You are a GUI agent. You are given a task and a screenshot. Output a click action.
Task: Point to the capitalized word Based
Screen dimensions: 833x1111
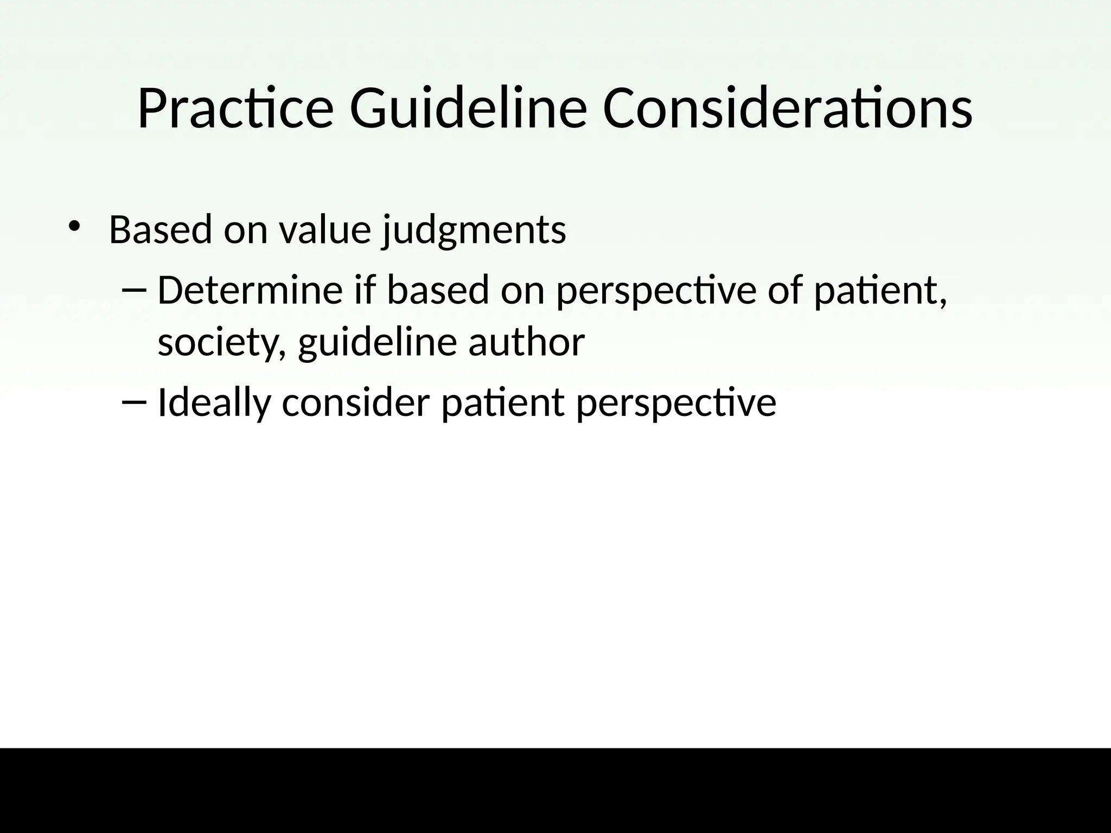(160, 230)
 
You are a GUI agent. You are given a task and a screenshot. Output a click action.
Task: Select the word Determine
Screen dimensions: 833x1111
(250, 290)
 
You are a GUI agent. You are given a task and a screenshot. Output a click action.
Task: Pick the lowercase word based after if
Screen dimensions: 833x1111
(438, 290)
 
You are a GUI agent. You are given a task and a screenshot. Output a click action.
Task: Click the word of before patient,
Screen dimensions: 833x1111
(786, 290)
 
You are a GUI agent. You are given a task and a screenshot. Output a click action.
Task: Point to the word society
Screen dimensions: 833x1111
(222, 343)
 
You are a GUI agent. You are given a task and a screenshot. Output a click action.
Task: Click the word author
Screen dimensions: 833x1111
(526, 343)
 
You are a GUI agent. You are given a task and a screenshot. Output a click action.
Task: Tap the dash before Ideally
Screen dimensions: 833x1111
(135, 402)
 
